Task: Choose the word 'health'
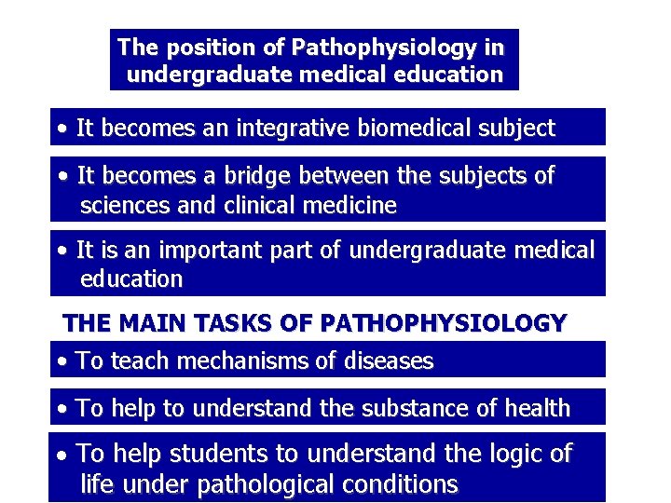click(535, 408)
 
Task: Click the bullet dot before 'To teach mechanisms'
click(62, 361)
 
